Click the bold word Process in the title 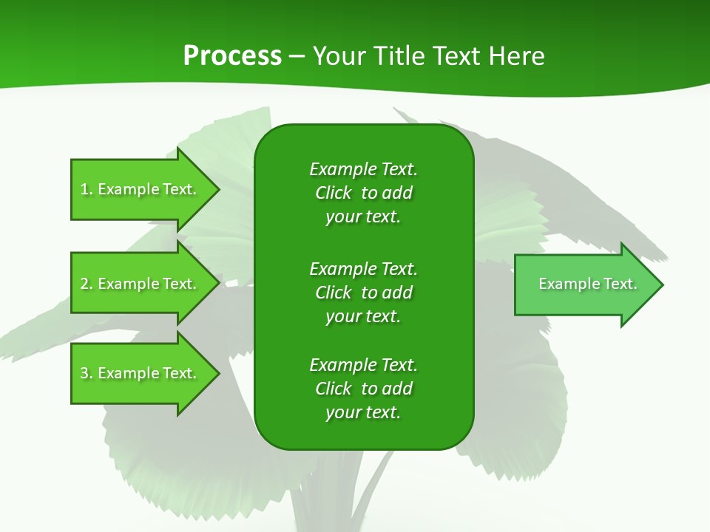point(232,56)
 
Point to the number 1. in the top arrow point(87,189)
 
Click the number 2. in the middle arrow point(87,284)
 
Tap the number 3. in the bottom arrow point(87,373)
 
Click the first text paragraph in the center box point(363,193)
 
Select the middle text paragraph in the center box point(363,293)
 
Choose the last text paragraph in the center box point(363,389)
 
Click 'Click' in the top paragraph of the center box point(334,193)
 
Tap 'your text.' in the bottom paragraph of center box point(363,412)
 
